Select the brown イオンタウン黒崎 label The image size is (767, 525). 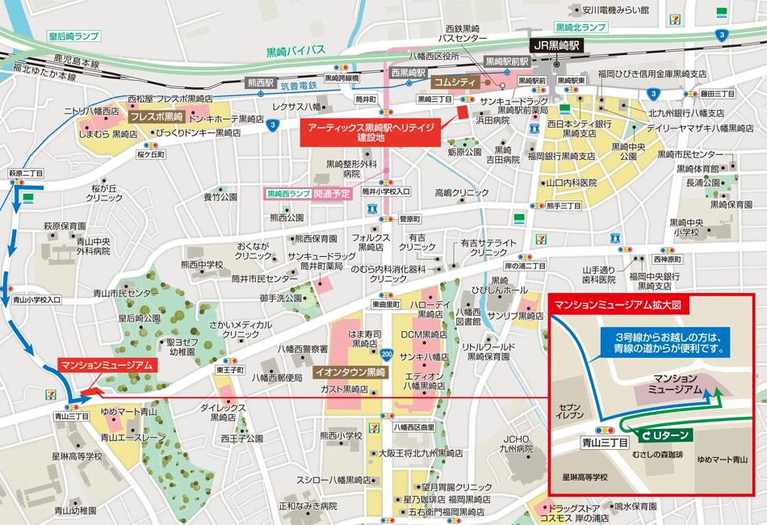click(x=350, y=372)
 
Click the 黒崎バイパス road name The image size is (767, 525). click(x=295, y=50)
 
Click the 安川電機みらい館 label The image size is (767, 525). click(x=620, y=10)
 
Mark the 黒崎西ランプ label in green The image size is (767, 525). click(x=289, y=195)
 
